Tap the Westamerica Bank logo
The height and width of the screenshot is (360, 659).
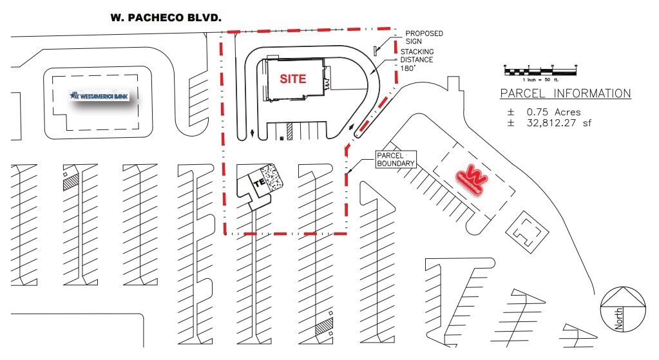point(100,96)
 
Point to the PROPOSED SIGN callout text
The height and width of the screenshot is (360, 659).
point(424,37)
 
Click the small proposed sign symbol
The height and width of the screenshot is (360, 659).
point(375,50)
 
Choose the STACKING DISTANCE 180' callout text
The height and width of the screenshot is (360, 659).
point(417,60)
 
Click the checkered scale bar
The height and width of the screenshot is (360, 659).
point(540,69)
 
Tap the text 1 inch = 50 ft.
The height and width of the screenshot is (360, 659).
point(540,78)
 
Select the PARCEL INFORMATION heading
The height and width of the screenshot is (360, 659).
point(565,94)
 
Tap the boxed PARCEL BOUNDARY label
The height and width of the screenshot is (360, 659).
point(396,160)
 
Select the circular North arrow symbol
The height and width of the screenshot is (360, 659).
point(622,308)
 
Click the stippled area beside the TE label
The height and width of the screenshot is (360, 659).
point(275,177)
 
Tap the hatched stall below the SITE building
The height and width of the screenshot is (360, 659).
point(290,131)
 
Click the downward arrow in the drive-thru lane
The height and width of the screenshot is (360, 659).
point(252,134)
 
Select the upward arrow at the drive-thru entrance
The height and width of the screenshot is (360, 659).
point(352,128)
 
